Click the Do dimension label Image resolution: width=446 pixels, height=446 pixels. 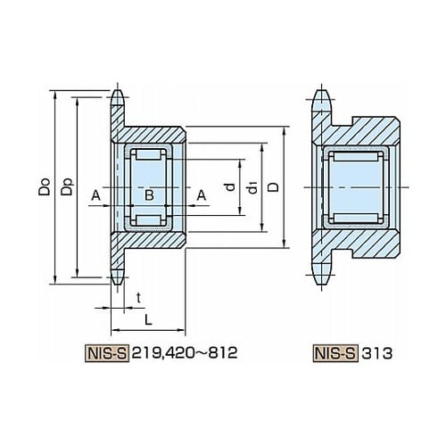tap(45, 186)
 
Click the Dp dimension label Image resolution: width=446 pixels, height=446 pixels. tap(67, 186)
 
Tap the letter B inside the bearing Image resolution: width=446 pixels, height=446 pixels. tap(149, 195)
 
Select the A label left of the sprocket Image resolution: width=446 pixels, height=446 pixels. tap(95, 195)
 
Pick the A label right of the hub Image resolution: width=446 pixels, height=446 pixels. tap(202, 195)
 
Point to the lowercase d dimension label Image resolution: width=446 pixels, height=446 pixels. tap(230, 186)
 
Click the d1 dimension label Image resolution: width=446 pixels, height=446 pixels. tap(253, 187)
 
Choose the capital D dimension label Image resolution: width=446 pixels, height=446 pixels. tap(274, 187)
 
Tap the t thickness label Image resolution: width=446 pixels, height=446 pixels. tap(138, 298)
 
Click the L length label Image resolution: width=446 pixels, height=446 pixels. tap(148, 320)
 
